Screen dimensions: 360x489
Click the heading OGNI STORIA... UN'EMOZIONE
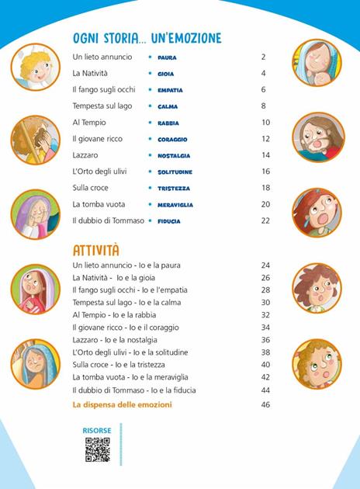click(x=147, y=38)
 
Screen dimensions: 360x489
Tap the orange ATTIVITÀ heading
click(x=96, y=250)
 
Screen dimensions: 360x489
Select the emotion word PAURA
click(x=168, y=57)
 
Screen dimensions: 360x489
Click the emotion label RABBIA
click(x=169, y=123)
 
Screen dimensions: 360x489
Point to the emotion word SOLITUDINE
click(x=175, y=172)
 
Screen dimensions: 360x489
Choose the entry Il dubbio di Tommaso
click(x=109, y=220)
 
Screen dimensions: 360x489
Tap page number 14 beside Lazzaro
click(x=265, y=155)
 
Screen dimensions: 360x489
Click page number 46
click(x=265, y=404)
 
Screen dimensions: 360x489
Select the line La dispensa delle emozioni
click(x=122, y=404)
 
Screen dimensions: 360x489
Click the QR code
click(x=97, y=449)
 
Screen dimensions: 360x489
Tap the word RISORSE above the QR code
click(x=97, y=429)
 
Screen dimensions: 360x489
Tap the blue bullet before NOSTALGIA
click(x=150, y=155)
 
